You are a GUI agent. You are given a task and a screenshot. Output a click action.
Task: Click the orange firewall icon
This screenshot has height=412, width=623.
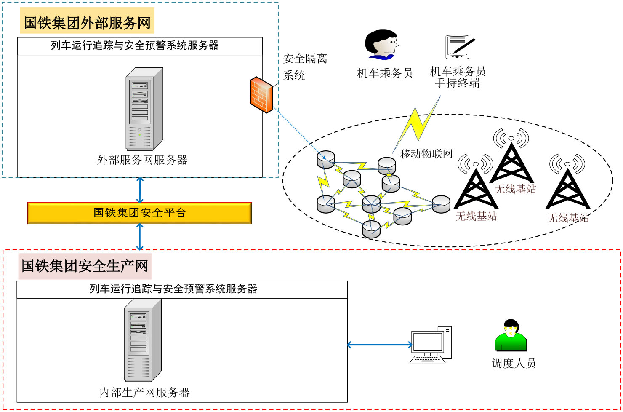coord(261,94)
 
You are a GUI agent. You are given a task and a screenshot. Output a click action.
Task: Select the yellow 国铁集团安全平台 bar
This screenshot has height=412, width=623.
coord(139,213)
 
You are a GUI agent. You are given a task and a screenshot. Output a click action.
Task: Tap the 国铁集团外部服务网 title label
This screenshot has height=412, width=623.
coord(87,22)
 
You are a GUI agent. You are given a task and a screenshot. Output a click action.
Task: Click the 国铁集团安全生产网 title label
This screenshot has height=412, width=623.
coord(85,266)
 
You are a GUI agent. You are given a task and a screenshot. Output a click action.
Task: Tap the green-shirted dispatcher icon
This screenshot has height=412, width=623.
coord(511,336)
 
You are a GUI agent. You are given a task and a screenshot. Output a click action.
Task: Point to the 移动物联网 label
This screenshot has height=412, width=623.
coord(426,154)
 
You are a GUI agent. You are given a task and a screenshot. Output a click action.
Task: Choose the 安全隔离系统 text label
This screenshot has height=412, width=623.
coord(305,67)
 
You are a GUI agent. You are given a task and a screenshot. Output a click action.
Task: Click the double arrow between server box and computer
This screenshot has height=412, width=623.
coord(379,345)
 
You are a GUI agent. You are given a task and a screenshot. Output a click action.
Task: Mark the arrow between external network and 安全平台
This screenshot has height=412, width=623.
coord(140,190)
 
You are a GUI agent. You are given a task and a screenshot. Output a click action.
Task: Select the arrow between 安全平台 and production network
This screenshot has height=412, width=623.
coord(140,237)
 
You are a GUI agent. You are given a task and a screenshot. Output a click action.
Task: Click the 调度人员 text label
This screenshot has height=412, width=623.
coord(514,363)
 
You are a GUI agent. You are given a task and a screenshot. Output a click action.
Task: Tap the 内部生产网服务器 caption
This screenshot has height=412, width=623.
coord(144,393)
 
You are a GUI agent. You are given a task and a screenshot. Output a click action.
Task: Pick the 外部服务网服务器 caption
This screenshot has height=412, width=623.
coord(142,160)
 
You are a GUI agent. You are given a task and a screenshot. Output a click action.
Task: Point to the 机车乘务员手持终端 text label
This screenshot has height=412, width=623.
coord(458,77)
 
